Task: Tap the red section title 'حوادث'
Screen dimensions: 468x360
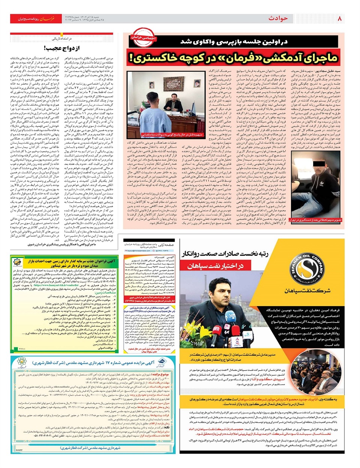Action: point(278,18)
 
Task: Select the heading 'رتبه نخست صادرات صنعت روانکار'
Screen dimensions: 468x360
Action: point(225,254)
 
